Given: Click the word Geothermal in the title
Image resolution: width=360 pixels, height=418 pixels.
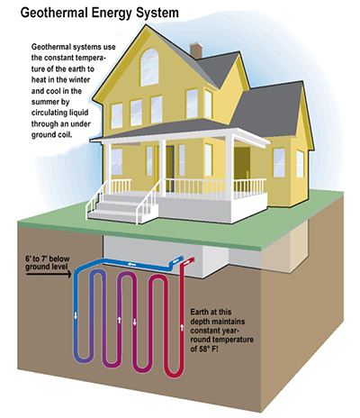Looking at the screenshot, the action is tap(54, 13).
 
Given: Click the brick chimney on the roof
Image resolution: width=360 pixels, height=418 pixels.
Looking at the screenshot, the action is tap(196, 50).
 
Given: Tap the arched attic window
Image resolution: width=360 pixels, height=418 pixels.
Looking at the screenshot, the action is tap(149, 68).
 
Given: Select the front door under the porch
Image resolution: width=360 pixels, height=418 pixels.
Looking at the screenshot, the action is tap(169, 168).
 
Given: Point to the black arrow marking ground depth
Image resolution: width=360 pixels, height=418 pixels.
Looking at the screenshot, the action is tap(49, 274).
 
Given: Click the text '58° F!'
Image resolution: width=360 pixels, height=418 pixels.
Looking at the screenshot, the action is tap(208, 349).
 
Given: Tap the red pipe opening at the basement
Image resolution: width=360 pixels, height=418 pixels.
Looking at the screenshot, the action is tap(192, 259).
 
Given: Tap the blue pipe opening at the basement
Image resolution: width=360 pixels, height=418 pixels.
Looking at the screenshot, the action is tap(181, 259).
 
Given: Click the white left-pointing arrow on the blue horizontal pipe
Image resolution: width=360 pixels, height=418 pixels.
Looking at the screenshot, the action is tap(130, 265).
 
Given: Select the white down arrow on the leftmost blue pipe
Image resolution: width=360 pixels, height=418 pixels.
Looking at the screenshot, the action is tap(76, 315).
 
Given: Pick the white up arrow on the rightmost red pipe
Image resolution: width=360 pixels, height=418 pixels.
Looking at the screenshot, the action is tap(182, 326).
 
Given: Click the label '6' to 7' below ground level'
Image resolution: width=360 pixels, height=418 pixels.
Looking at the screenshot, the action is tap(48, 262).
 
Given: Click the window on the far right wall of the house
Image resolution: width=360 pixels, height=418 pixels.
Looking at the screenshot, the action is tap(300, 164).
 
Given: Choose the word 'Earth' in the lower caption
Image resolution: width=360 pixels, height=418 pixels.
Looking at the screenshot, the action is tap(199, 312).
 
